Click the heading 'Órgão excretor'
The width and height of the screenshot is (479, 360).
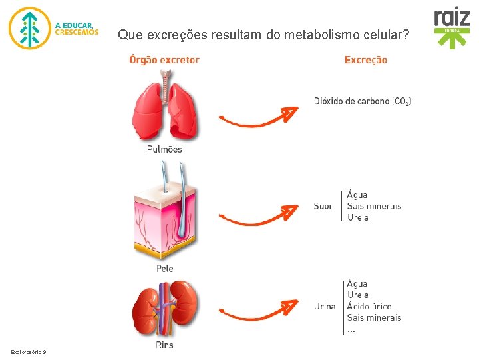click(x=164, y=60)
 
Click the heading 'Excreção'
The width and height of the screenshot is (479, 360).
click(x=365, y=60)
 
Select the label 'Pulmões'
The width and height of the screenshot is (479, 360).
click(x=164, y=149)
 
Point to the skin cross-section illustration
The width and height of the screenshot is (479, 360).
click(x=164, y=213)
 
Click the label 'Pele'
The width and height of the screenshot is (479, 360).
click(x=164, y=268)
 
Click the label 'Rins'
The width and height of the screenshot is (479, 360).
click(x=164, y=345)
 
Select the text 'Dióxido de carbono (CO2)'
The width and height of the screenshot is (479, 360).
click(x=363, y=101)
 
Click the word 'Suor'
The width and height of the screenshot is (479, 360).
click(x=323, y=206)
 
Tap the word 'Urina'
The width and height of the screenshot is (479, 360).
click(x=325, y=306)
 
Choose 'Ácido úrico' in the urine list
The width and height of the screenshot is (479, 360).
click(x=369, y=306)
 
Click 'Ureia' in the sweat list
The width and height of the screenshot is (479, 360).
click(x=357, y=217)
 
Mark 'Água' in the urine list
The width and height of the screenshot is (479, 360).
click(x=357, y=283)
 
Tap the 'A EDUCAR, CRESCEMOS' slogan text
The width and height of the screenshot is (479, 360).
click(x=77, y=28)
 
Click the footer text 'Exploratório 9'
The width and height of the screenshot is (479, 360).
click(x=28, y=351)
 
